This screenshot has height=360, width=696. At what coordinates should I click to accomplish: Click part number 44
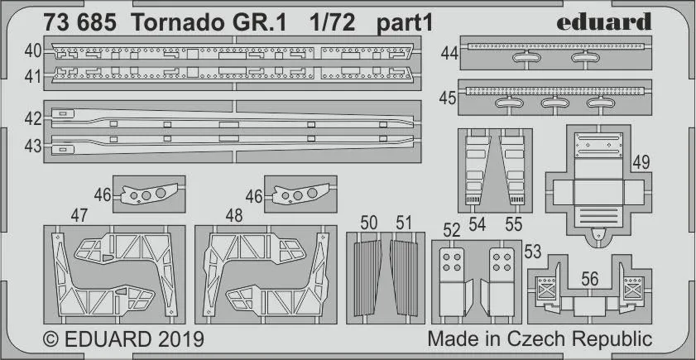click(x=450, y=53)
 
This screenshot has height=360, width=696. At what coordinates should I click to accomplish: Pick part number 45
click(x=449, y=98)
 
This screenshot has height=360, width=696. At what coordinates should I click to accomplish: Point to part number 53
click(x=533, y=250)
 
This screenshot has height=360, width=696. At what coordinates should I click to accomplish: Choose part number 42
click(x=33, y=119)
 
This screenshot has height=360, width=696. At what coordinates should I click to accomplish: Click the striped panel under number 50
click(x=369, y=276)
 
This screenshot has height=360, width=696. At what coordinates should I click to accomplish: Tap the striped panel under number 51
click(x=406, y=276)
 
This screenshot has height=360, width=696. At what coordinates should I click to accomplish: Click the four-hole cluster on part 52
click(x=451, y=261)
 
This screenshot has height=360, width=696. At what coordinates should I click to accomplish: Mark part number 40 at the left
click(x=33, y=51)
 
